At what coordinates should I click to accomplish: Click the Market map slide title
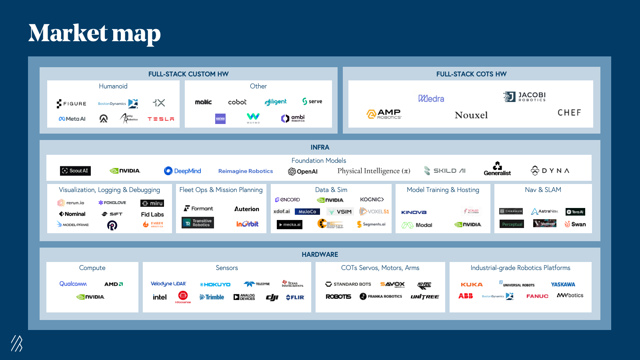click(x=94, y=33)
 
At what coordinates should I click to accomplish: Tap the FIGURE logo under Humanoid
click(x=72, y=104)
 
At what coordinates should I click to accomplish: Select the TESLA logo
click(x=161, y=119)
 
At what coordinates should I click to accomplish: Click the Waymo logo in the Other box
click(x=253, y=118)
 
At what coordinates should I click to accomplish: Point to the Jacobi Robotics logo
click(x=524, y=96)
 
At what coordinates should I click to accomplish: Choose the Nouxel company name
click(x=471, y=115)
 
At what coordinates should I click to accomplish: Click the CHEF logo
click(x=569, y=113)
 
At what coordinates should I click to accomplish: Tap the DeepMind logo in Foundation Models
click(x=182, y=171)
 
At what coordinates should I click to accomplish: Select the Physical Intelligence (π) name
click(x=374, y=171)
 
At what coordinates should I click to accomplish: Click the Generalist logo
click(x=497, y=169)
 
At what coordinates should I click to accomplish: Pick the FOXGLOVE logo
click(x=112, y=203)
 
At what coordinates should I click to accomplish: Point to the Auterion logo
click(x=246, y=209)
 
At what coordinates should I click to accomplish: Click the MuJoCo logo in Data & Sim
click(x=307, y=212)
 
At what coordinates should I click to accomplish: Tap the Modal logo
click(x=417, y=225)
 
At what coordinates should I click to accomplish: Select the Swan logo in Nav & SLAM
click(x=575, y=224)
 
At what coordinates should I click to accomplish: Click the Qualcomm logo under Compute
click(x=73, y=284)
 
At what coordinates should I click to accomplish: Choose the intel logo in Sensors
click(x=160, y=297)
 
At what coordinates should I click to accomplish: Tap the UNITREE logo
click(x=424, y=296)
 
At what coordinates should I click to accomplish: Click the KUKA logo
click(x=472, y=284)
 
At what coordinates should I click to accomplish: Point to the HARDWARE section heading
click(x=320, y=254)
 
